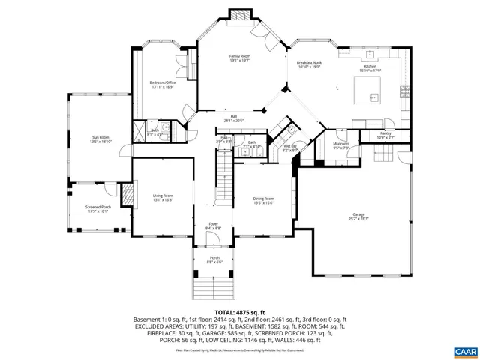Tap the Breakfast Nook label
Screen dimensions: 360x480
[308, 64]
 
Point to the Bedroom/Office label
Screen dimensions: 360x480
[162, 85]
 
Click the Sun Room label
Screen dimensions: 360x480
[100, 139]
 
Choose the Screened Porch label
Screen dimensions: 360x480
[99, 209]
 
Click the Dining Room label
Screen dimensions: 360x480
[263, 200]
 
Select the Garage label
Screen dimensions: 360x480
[358, 217]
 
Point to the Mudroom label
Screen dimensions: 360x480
[341, 145]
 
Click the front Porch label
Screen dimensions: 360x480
[214, 259]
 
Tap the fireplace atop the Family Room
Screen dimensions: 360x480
[240, 14]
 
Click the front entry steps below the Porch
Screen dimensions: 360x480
[214, 287]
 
